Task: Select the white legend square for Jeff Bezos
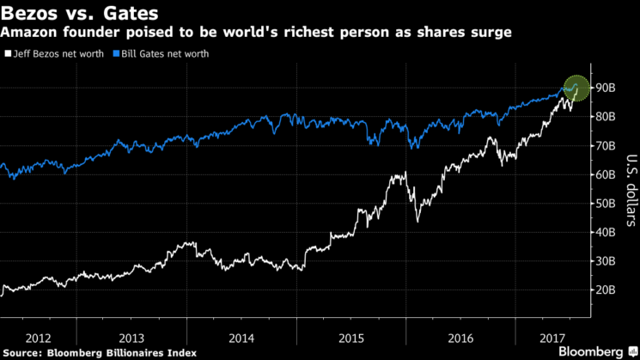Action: coord(7,53)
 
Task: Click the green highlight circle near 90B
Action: coord(576,88)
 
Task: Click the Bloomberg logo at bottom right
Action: coord(591,351)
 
